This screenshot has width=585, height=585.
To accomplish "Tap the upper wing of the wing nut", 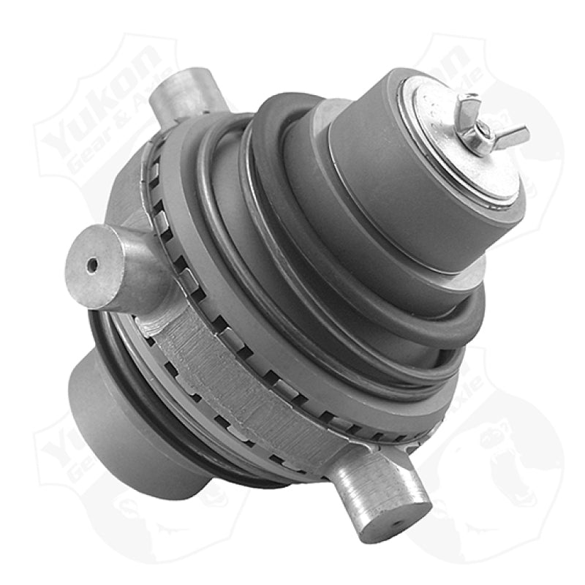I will coord(469,107).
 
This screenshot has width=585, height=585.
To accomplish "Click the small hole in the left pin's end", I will coord(91,266).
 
